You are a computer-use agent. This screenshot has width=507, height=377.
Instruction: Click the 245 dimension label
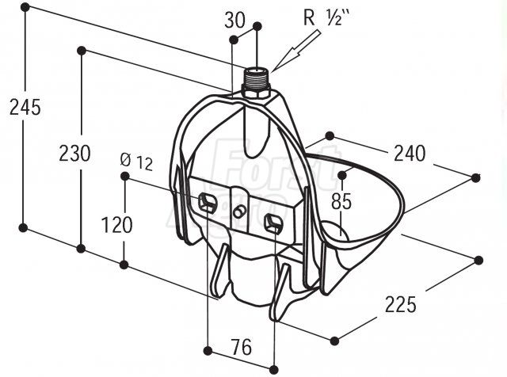(25, 107)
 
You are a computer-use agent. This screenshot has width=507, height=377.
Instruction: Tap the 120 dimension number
(117, 224)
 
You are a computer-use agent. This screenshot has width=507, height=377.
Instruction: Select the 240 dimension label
(409, 153)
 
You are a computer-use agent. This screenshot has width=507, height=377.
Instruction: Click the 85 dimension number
(341, 201)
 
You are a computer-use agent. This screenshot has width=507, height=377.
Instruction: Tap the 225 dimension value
(401, 303)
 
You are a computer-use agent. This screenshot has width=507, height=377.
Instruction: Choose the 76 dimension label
(241, 346)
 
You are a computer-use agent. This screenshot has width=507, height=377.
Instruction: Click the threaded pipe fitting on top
(257, 82)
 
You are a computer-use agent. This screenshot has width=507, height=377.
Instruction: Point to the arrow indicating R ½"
(290, 58)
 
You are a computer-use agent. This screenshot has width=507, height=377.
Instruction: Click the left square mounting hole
(209, 201)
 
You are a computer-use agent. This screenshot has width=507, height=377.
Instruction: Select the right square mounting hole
(273, 222)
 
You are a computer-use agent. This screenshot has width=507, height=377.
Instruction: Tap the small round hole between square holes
(239, 211)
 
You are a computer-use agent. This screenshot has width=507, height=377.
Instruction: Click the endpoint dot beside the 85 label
(342, 173)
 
